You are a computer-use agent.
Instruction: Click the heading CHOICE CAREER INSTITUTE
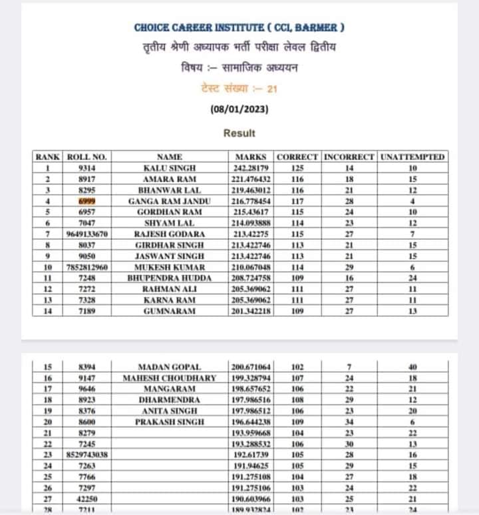point(239,28)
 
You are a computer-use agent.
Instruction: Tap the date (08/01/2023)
point(239,109)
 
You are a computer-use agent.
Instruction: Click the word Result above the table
point(239,133)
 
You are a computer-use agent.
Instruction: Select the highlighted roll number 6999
point(87,201)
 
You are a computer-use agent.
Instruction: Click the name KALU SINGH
point(170,169)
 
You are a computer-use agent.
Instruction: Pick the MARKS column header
point(251,157)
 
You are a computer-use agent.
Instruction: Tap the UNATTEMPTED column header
point(412,157)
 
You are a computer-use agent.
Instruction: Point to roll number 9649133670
point(87,233)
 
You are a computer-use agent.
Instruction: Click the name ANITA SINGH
point(170,411)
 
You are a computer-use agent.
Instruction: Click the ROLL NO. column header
point(87,157)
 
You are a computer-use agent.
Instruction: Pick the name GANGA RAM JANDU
point(170,201)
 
